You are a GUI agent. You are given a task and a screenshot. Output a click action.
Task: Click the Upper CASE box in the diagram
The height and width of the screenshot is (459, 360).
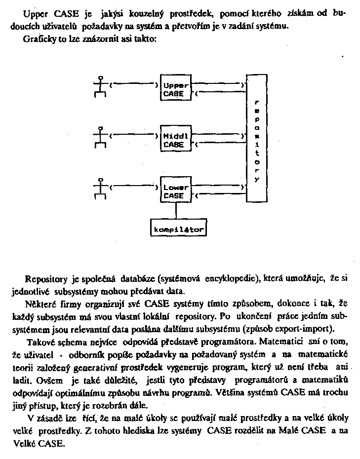click(175, 89)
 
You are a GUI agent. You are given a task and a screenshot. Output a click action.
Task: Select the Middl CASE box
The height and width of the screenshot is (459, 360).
click(175, 140)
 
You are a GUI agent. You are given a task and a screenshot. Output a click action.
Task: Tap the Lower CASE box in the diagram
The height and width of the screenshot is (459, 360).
click(175, 191)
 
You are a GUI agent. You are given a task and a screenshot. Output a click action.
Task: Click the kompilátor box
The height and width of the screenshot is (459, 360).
click(177, 229)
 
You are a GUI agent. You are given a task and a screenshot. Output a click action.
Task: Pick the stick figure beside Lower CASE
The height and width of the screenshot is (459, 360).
click(101, 189)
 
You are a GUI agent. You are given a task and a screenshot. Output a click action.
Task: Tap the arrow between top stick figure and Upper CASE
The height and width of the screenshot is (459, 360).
click(133, 84)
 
